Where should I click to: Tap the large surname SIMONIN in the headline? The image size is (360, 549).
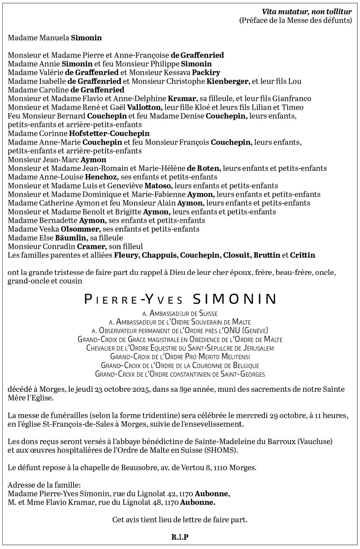(x=234, y=299)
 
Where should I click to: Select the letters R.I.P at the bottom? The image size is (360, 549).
(x=180, y=537)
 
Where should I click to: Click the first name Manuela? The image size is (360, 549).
(x=55, y=38)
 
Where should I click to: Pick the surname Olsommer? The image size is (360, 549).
(x=80, y=229)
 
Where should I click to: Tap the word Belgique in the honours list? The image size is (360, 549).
(x=244, y=366)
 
